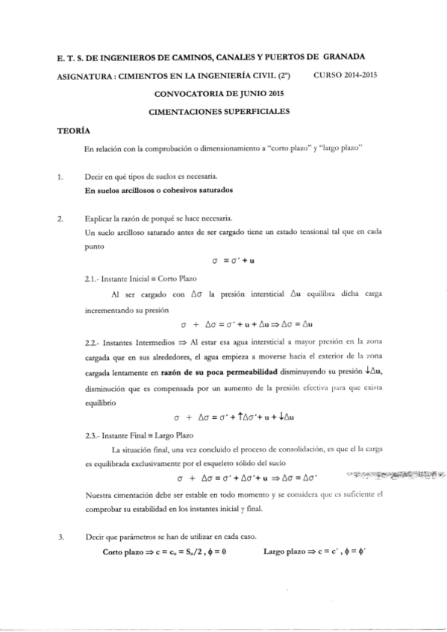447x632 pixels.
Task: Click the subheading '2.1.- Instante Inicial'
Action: (x=131, y=277)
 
